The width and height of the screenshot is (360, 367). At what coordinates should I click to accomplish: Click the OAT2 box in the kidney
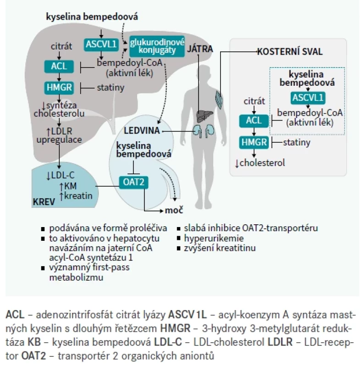click(133, 182)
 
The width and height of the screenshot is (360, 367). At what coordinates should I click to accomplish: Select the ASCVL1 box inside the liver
click(101, 44)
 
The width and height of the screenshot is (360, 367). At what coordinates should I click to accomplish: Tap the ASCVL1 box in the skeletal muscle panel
click(308, 98)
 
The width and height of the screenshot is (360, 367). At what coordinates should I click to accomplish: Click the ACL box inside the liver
click(59, 66)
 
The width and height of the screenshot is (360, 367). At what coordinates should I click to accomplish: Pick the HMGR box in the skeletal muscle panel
click(254, 142)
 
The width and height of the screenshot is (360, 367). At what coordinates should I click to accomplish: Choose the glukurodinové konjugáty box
click(157, 46)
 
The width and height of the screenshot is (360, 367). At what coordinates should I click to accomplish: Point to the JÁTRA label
click(200, 49)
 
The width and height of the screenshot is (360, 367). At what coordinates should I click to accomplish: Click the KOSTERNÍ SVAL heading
click(290, 52)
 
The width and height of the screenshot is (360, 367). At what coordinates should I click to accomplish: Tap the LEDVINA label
click(142, 131)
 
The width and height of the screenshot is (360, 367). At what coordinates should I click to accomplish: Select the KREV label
click(44, 202)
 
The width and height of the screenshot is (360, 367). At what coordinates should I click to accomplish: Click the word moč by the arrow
click(174, 210)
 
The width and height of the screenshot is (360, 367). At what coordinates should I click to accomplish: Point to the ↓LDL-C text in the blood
click(60, 175)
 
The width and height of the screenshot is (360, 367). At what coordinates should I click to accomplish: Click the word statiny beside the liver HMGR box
click(111, 88)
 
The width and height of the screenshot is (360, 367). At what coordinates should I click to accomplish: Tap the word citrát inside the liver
click(61, 46)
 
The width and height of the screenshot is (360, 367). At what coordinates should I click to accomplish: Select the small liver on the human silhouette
click(205, 116)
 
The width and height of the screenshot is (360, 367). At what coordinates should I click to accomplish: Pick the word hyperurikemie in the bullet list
click(214, 238)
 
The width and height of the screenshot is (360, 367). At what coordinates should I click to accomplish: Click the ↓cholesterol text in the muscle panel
click(260, 163)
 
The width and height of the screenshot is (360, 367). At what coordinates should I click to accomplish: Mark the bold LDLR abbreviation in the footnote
click(280, 342)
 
